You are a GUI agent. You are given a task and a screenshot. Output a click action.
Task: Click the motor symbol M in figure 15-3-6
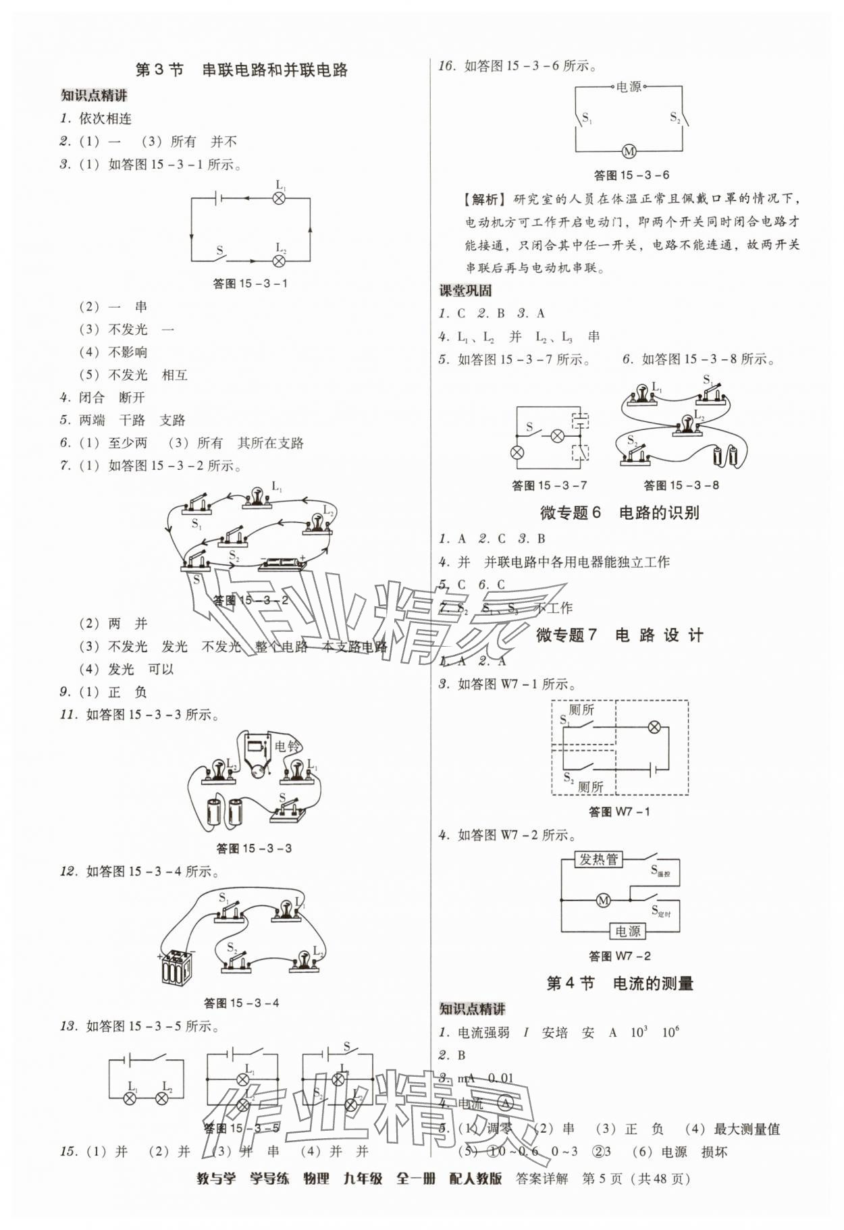click(629, 151)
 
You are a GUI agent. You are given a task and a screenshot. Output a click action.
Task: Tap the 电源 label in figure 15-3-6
click(628, 86)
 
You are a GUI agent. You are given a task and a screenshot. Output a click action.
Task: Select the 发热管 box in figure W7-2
click(599, 859)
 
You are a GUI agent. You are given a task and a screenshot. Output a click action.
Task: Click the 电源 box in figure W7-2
click(627, 932)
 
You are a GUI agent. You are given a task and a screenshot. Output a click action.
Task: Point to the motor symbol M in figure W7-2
click(603, 900)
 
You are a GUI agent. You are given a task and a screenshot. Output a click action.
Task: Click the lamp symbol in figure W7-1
click(654, 727)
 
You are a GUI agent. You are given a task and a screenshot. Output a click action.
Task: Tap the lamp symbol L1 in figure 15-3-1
click(279, 198)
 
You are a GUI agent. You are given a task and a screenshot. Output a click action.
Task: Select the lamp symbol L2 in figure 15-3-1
click(279, 261)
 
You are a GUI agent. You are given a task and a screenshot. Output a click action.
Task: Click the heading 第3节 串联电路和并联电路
click(241, 70)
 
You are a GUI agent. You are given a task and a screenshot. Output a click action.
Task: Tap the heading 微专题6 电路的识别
click(619, 512)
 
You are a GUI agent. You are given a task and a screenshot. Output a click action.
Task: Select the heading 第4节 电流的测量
click(619, 983)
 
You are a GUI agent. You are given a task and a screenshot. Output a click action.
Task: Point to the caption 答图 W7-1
click(619, 811)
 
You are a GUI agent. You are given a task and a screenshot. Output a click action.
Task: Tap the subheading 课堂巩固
click(465, 291)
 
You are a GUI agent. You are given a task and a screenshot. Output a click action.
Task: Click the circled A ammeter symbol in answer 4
click(505, 1102)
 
